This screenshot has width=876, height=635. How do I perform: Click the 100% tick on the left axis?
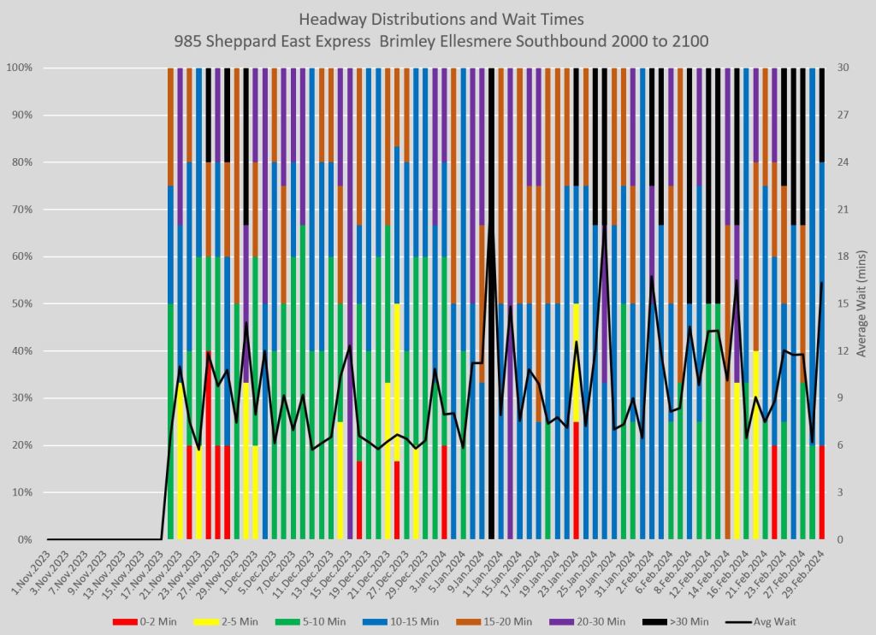click(x=21, y=68)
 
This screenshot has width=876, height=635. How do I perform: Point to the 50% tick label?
click(x=23, y=303)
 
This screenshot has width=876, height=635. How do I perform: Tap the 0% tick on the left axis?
click(x=26, y=540)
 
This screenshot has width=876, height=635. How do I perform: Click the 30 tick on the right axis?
click(x=842, y=68)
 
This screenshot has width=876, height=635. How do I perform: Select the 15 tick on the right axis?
click(x=842, y=303)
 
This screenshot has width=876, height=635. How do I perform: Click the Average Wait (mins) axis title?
click(x=861, y=303)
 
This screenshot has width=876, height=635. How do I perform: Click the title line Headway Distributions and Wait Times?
click(x=438, y=18)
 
